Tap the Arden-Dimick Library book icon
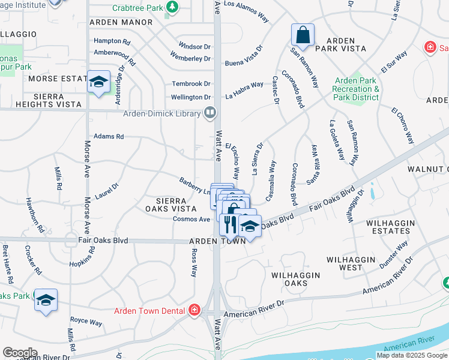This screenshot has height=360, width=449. [210, 112]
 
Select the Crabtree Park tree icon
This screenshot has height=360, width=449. [173, 7]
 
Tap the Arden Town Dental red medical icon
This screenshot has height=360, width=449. [194, 310]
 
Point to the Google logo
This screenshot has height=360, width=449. [20, 352]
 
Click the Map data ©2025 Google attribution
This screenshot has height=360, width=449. [412, 355]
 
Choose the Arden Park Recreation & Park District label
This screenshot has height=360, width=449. [356, 89]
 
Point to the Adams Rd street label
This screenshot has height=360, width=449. [109, 137]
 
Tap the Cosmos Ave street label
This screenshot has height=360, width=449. [191, 219]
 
